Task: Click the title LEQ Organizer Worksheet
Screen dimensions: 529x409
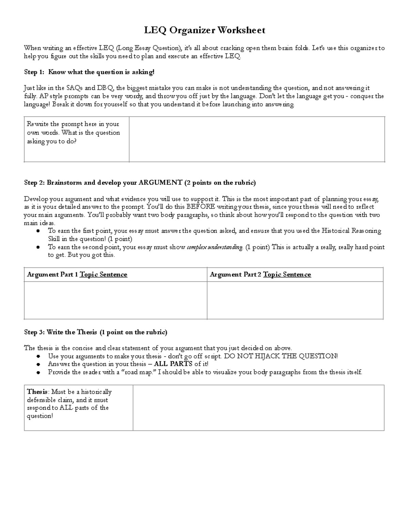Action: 204,30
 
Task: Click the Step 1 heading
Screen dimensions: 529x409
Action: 89,72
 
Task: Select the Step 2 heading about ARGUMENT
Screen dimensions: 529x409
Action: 140,183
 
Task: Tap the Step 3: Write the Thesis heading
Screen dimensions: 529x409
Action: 95,332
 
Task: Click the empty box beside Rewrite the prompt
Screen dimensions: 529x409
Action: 257,139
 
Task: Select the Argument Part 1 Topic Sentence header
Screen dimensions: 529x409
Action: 77,275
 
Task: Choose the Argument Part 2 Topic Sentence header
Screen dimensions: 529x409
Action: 260,275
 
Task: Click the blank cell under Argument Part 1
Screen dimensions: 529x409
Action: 116,300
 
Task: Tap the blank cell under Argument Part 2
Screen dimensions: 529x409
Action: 295,300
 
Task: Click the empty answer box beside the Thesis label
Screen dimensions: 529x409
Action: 258,408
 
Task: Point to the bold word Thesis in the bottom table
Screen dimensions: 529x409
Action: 37,392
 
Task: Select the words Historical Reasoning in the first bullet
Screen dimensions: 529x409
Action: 351,231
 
